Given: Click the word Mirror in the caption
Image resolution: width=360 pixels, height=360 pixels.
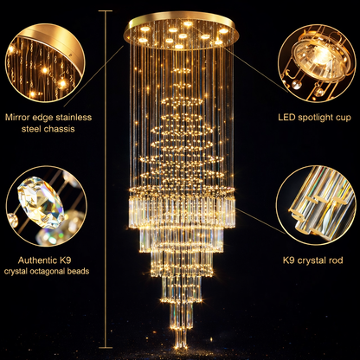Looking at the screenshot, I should tap(21, 117).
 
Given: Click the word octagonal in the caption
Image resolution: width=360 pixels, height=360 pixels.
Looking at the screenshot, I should tap(62, 271).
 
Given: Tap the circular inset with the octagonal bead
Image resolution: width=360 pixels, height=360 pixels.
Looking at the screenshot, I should tap(45, 206).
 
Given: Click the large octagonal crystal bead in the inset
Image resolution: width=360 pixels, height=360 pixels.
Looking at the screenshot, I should tap(36, 203).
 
